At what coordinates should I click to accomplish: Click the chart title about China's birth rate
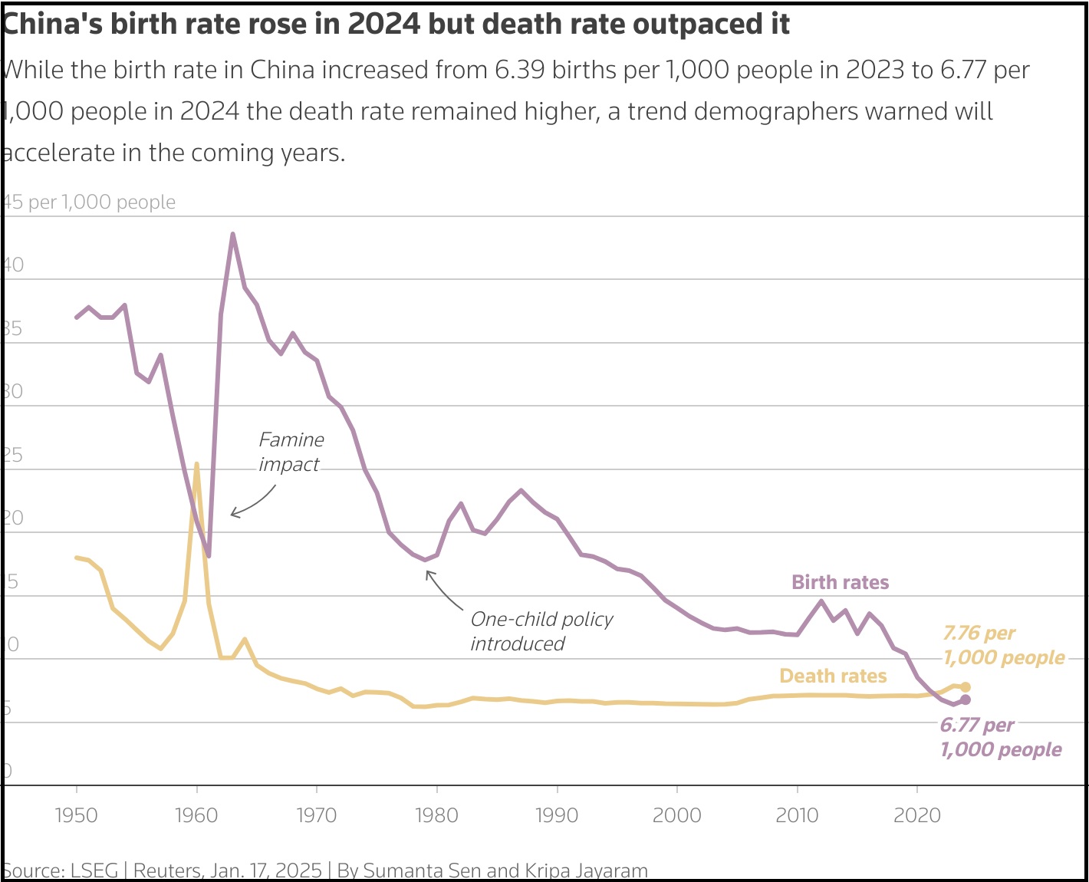(396, 25)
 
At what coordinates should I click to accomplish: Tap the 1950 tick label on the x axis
(77, 815)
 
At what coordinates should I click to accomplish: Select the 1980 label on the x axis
(436, 815)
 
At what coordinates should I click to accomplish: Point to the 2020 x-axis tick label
(917, 815)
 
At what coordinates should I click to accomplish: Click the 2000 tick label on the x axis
(676, 815)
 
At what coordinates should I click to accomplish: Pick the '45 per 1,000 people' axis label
(89, 202)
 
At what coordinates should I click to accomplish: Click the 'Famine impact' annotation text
(291, 452)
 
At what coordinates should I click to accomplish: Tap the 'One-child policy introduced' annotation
(541, 631)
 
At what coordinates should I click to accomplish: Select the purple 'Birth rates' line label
(840, 582)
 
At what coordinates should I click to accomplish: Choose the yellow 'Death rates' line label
(833, 676)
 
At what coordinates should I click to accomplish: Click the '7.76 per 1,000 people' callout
(1003, 645)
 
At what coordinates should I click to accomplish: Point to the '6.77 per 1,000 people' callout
(1000, 737)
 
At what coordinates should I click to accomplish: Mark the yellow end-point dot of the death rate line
(966, 687)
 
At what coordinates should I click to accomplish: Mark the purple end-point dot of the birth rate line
(966, 699)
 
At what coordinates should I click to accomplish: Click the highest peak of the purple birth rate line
(232, 235)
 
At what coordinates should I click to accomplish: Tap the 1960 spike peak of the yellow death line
(197, 464)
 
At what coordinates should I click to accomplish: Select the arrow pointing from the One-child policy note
(443, 591)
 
